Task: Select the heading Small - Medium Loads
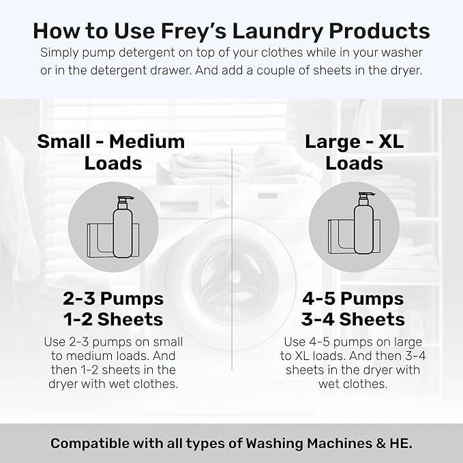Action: pos(111,152)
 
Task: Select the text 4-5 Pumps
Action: pos(353,299)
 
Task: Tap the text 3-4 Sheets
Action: pos(353,319)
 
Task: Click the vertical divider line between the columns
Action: pos(232,273)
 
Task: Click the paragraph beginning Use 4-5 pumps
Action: pos(353,362)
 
